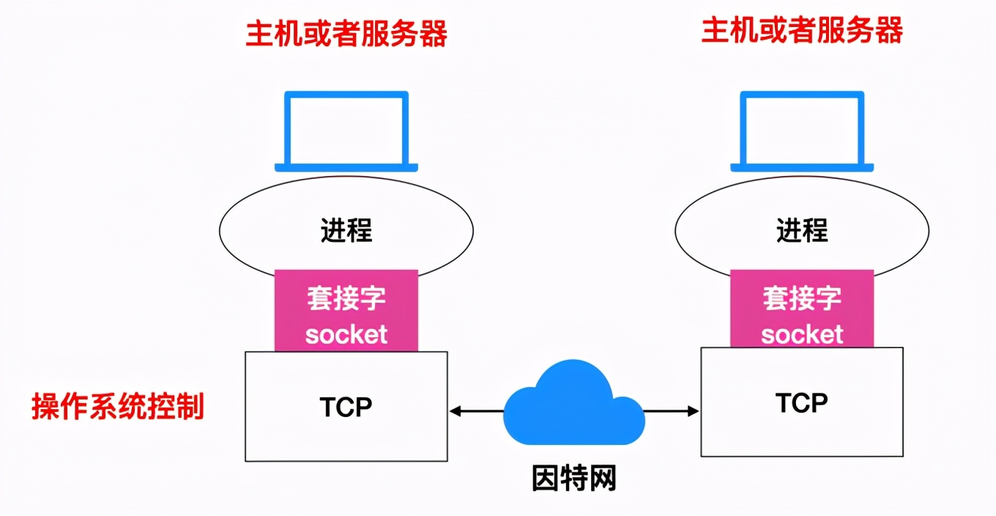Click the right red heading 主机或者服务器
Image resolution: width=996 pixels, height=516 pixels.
pyautogui.click(x=802, y=32)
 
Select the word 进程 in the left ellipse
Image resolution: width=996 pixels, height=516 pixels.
pyautogui.click(x=346, y=230)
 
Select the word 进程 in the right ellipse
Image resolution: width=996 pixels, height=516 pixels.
pyautogui.click(x=802, y=230)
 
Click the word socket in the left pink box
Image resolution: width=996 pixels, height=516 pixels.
pyautogui.click(x=346, y=335)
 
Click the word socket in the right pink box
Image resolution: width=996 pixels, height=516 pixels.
pyautogui.click(x=802, y=335)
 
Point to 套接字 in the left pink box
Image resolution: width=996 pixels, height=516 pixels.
pyautogui.click(x=346, y=298)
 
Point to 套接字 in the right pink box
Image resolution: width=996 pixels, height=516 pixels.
pyautogui.click(x=802, y=298)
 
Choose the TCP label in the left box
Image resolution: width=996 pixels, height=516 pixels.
pyautogui.click(x=346, y=407)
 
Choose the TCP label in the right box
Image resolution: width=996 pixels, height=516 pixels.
pyautogui.click(x=802, y=402)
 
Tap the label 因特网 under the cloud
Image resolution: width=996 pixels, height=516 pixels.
pyautogui.click(x=573, y=478)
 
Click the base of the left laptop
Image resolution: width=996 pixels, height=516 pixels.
pyautogui.click(x=346, y=168)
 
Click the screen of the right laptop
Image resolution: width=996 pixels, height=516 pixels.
pyautogui.click(x=802, y=128)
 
